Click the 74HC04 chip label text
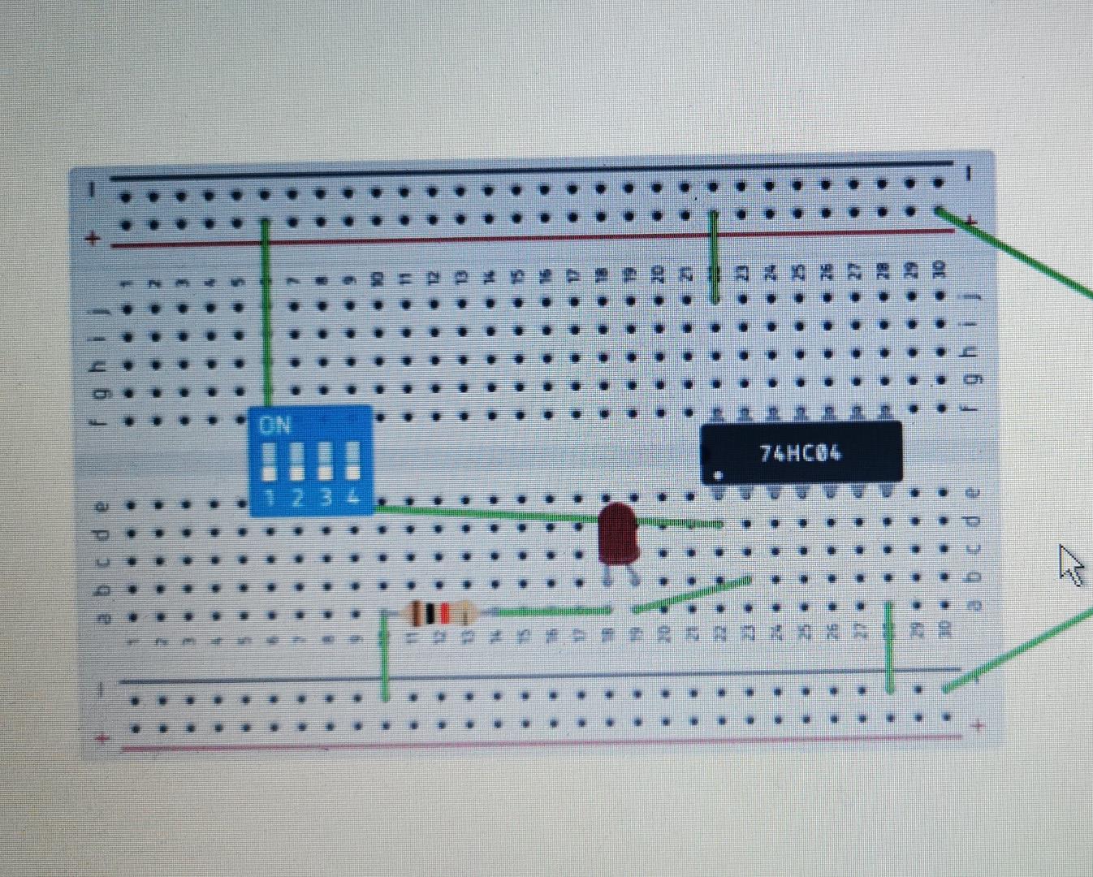800,452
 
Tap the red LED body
618,533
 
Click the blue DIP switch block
311,460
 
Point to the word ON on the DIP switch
275,426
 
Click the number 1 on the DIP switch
270,497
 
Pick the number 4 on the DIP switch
353,497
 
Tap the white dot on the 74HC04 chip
718,476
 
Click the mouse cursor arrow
1070,564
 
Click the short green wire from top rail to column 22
714,256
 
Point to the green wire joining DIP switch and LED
487,513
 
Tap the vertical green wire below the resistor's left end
385,658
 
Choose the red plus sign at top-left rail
93,239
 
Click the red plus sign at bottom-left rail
102,738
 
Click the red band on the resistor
443,613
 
